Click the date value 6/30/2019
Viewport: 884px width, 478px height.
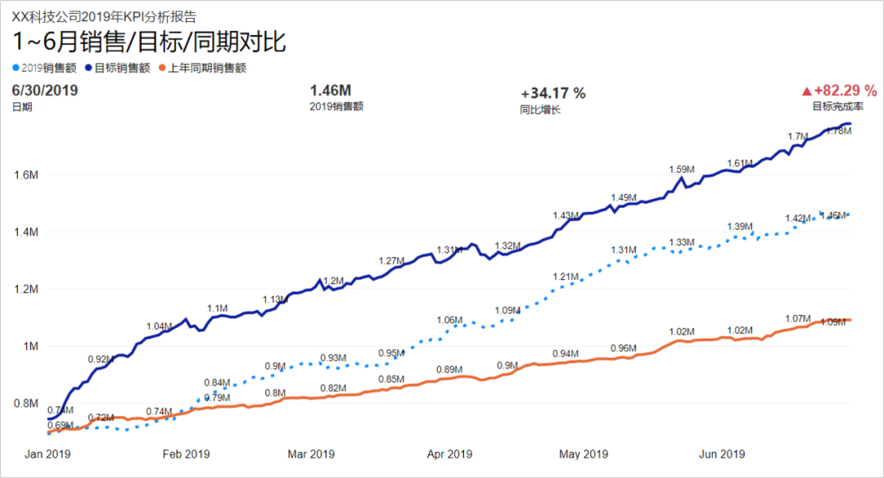45,91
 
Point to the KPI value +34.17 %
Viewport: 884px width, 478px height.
553,93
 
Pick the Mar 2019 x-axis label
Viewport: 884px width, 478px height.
310,454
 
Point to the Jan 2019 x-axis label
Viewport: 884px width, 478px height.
46,454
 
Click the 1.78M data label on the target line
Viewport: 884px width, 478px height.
838,131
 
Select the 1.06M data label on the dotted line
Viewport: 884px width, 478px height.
449,319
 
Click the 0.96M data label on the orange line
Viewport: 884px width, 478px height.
623,348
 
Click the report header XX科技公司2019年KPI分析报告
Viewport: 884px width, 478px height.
104,16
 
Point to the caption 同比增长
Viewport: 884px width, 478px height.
540,109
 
